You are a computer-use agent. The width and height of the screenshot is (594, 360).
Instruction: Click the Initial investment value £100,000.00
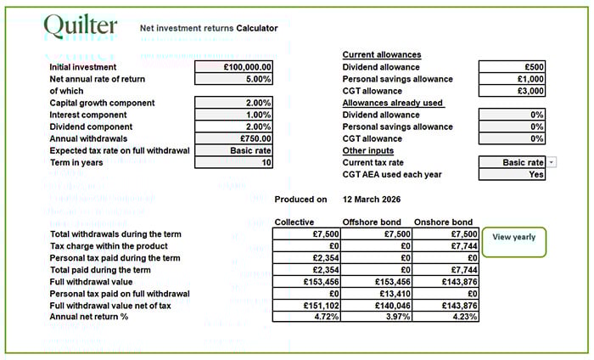(x=233, y=67)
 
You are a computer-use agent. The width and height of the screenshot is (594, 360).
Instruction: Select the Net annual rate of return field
(x=233, y=79)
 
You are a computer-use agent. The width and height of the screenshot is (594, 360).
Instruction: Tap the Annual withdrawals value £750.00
(x=233, y=138)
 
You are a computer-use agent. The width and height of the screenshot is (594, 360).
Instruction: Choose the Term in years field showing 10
(x=233, y=162)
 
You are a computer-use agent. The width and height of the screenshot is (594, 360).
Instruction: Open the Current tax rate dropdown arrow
(x=552, y=162)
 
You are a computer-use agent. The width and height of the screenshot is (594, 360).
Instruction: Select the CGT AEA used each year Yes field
(x=512, y=174)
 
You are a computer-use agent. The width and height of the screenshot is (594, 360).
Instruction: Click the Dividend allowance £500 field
(x=512, y=67)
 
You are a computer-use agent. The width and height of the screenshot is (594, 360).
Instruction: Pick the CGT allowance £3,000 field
(x=512, y=91)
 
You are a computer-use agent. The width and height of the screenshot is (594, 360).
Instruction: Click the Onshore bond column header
(x=445, y=222)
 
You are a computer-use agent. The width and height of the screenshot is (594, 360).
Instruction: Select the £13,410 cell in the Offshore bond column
(x=375, y=294)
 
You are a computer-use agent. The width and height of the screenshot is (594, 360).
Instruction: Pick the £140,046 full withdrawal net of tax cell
(x=375, y=306)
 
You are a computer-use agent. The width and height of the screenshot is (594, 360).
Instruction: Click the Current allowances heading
(x=381, y=55)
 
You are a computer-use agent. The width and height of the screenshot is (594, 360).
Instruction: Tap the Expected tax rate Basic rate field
(x=233, y=150)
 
